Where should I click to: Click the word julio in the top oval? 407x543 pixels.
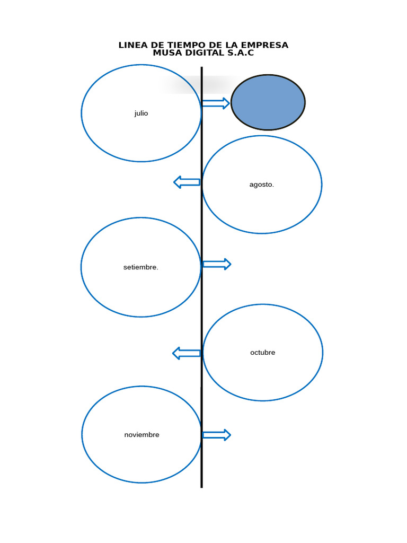click(x=141, y=113)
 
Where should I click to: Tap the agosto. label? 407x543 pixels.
click(x=262, y=185)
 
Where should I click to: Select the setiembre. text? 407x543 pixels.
click(x=141, y=267)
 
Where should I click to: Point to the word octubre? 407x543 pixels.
click(x=263, y=353)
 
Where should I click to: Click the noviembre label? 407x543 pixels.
click(x=141, y=435)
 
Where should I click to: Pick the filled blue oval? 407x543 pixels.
click(x=268, y=102)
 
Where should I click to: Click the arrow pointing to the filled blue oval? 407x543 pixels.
click(x=216, y=103)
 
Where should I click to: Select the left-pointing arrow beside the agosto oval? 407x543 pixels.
click(x=187, y=182)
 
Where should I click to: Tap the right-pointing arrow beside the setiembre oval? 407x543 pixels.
click(x=217, y=264)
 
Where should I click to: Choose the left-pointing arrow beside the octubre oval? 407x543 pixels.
click(x=187, y=353)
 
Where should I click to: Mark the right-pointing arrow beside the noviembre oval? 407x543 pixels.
click(x=217, y=435)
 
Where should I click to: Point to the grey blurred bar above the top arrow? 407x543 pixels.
click(x=196, y=84)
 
